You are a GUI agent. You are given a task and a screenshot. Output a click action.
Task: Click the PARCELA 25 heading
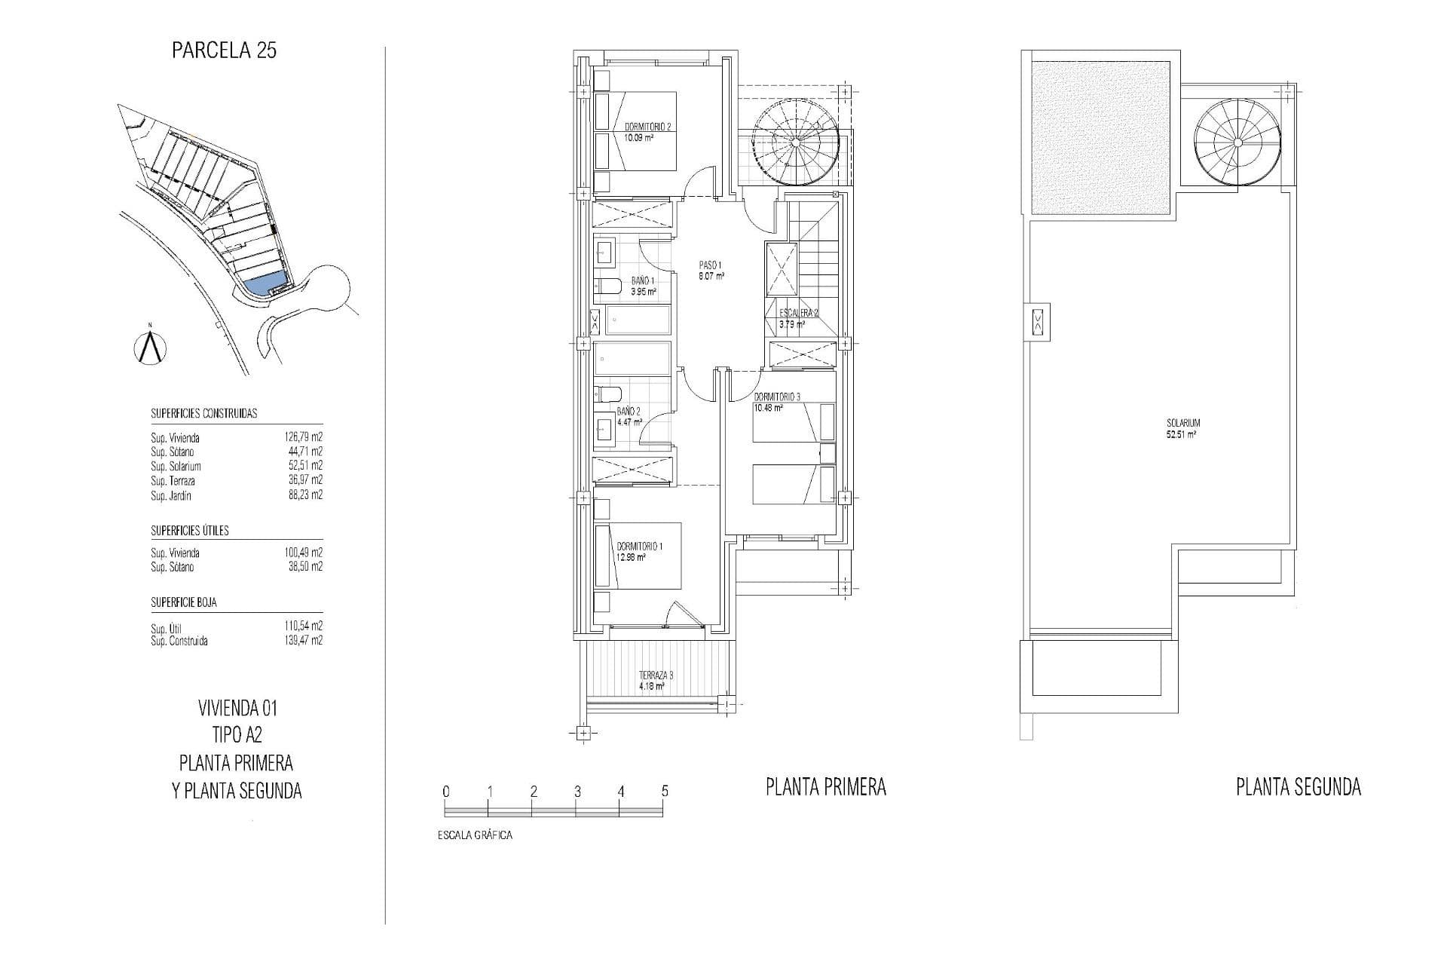pos(224,51)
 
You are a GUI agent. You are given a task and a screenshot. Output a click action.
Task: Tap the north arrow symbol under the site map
pos(151,347)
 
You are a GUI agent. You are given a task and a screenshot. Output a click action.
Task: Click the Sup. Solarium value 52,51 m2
pos(305,466)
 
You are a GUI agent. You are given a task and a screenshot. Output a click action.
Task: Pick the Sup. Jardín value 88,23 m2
pos(305,495)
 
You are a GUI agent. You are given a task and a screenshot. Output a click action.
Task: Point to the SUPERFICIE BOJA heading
pos(184,602)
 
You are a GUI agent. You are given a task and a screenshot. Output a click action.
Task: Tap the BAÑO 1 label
pos(643,280)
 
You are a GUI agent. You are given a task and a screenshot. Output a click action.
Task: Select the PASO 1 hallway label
pos(711,265)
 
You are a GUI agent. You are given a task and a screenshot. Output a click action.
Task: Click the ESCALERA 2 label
pos(799,313)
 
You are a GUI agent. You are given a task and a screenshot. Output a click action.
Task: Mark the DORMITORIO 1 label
pos(640,546)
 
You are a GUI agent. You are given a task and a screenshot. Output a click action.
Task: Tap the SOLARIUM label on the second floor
pos(1182,424)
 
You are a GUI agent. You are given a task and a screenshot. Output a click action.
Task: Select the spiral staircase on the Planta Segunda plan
pos(1237,142)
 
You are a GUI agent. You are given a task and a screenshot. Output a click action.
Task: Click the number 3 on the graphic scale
pos(577,792)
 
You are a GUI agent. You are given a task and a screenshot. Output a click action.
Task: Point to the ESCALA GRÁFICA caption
pos(475,835)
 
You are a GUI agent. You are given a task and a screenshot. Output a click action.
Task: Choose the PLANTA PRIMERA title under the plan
pos(826,788)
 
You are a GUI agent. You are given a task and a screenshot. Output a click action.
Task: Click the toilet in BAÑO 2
pos(607,395)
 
